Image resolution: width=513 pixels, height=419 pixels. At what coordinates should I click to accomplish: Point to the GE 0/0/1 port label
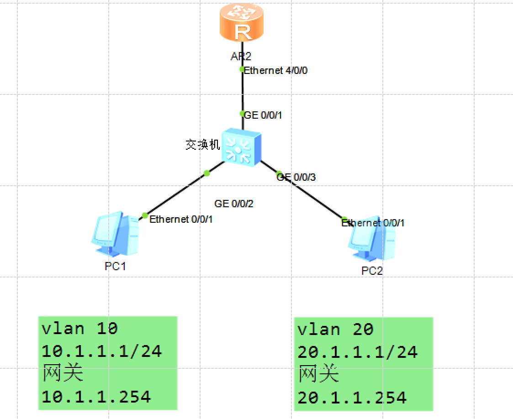click(264, 115)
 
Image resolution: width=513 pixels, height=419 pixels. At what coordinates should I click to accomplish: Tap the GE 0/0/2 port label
click(234, 204)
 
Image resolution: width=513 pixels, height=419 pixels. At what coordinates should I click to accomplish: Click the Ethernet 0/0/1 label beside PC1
click(181, 220)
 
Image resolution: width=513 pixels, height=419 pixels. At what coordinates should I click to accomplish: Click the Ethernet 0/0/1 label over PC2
click(373, 223)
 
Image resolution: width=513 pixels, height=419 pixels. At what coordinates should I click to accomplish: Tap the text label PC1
click(115, 267)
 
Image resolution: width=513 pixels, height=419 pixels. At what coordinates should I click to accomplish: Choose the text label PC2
click(372, 271)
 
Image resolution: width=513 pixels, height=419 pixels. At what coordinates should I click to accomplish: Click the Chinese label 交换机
click(203, 145)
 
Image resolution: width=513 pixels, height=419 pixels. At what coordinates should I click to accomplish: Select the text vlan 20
click(336, 329)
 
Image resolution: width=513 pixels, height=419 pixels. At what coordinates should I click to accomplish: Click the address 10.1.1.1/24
click(102, 351)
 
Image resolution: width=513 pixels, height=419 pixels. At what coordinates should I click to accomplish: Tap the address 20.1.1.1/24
click(358, 352)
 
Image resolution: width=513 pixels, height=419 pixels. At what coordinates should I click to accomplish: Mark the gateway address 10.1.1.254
click(96, 396)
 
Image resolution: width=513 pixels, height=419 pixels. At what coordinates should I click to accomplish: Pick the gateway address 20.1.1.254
click(352, 397)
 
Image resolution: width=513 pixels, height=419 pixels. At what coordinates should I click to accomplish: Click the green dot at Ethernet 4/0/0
click(243, 69)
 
